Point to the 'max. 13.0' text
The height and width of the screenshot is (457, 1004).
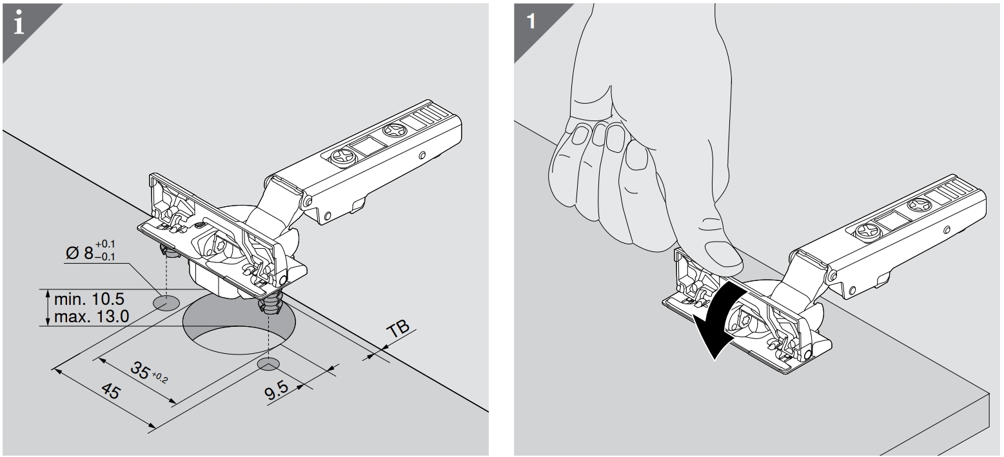coord(91,316)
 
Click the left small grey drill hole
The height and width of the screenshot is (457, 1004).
coord(168,302)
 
